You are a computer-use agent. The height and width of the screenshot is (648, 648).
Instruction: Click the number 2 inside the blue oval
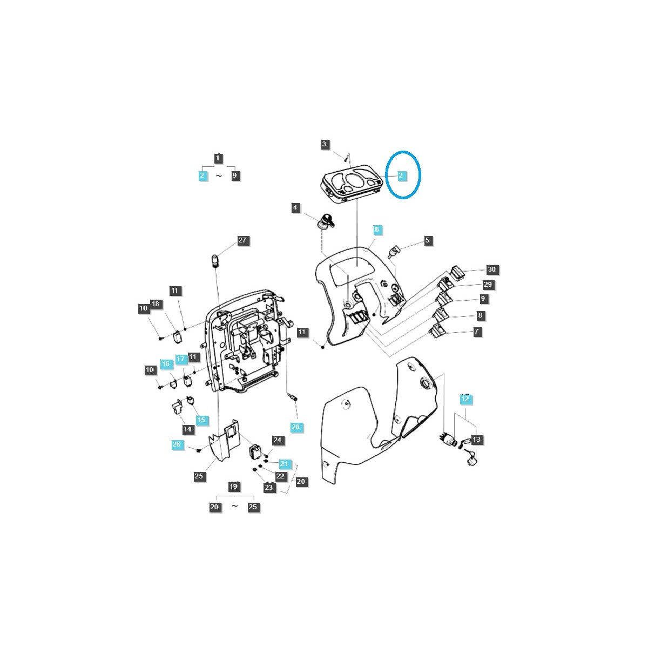coord(401,175)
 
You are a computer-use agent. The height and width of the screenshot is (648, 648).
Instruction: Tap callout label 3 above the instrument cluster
coord(324,145)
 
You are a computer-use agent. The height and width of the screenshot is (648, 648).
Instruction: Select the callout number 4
coord(295,207)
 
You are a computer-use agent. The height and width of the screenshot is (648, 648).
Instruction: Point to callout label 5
coord(427,240)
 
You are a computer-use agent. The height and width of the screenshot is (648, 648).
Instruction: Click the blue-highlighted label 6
coord(377,230)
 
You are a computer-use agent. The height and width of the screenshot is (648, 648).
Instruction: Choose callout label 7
coord(476,332)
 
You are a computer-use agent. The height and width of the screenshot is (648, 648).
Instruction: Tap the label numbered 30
coord(492,269)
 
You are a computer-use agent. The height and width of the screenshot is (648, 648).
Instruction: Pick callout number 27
coord(242,240)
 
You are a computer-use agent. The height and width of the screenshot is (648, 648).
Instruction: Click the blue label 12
coord(465,399)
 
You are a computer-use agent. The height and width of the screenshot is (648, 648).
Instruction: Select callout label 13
coord(476,440)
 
